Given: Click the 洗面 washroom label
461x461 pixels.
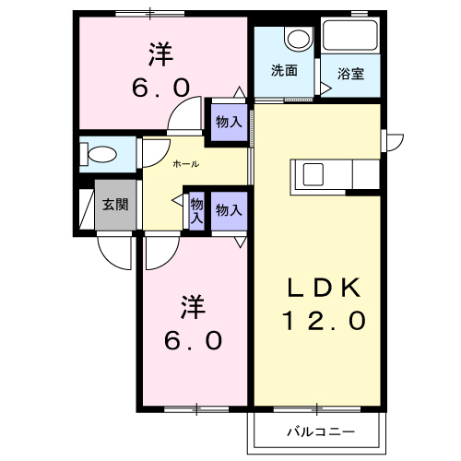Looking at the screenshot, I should (x=284, y=70).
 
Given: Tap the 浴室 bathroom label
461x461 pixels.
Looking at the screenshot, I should (x=349, y=74).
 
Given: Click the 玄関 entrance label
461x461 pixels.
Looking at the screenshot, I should (x=116, y=205).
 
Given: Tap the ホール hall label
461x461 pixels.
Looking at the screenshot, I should (x=186, y=163).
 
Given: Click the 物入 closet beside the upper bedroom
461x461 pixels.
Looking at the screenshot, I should (x=229, y=121).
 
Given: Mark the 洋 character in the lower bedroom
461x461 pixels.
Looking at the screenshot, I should (x=193, y=302).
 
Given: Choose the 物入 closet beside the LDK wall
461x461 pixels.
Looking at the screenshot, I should (x=228, y=210).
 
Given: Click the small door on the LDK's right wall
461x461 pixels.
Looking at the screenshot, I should (x=395, y=141).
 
